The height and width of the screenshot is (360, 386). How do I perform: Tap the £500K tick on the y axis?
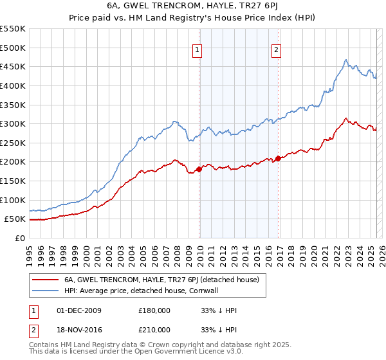pyautogui.click(x=13, y=48)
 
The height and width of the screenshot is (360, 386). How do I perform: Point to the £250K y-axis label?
pyautogui.click(x=13, y=143)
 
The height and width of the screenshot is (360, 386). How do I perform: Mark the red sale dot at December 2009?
pyautogui.click(x=199, y=169)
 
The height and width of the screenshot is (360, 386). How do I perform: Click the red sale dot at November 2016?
pyautogui.click(x=278, y=158)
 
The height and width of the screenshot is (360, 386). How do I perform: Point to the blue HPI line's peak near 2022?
pyautogui.click(x=346, y=60)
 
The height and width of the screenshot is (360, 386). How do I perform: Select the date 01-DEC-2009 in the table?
pyautogui.click(x=79, y=310)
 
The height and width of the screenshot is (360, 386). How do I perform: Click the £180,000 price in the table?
pyautogui.click(x=154, y=310)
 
